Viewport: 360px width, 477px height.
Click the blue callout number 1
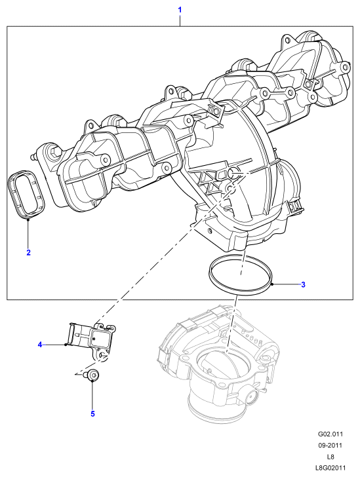tap(180, 10)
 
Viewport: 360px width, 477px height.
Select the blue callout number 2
tap(28, 252)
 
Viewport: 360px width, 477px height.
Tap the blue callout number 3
tap(303, 285)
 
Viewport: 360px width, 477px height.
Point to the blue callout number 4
tap(40, 345)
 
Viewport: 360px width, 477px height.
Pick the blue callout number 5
tap(93, 413)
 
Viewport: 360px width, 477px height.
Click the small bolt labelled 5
tap(92, 375)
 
